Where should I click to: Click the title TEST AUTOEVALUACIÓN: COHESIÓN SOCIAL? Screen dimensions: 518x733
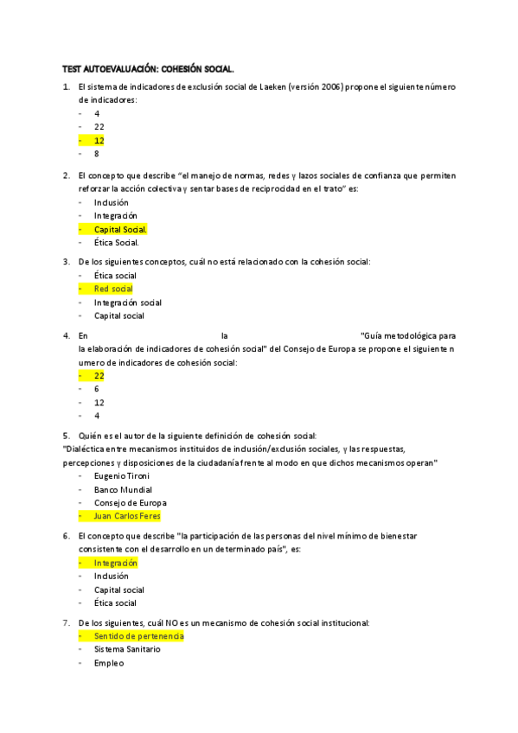(148, 67)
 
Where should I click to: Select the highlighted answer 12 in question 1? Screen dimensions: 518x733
(99, 140)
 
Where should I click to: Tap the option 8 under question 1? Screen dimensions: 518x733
(98, 154)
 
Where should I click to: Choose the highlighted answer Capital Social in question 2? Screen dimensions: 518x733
(120, 229)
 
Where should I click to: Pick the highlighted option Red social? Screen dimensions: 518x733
(113, 289)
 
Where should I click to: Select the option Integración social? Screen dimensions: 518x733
(127, 303)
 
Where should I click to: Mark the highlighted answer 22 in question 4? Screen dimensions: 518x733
(99, 376)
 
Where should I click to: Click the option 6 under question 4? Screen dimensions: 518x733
(97, 389)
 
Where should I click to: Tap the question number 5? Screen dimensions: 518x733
(67, 435)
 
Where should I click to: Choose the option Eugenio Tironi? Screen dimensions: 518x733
(123, 476)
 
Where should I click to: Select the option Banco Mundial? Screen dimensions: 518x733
(123, 490)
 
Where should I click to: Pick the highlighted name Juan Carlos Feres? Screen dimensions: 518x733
(127, 516)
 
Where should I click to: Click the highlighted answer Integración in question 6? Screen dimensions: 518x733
(116, 563)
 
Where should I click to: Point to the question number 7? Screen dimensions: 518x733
(67, 622)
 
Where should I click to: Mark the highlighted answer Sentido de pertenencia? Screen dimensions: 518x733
(138, 636)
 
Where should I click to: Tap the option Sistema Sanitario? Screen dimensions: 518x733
(127, 649)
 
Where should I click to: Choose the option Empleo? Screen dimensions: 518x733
(109, 663)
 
